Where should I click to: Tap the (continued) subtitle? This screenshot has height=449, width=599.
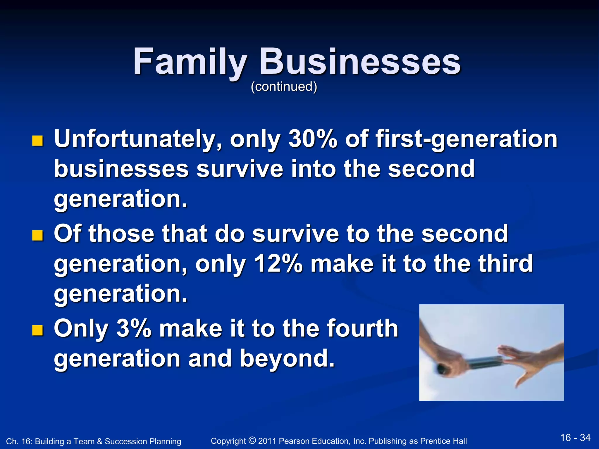[284, 87]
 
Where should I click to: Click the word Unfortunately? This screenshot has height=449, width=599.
[137, 139]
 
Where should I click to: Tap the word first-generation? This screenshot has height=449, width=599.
[466, 139]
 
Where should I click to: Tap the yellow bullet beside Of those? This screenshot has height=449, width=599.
[37, 235]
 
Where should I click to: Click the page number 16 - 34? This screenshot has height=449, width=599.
[575, 438]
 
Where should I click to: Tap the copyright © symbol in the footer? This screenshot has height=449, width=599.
[252, 440]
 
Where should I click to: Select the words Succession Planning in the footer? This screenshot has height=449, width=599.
[143, 441]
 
